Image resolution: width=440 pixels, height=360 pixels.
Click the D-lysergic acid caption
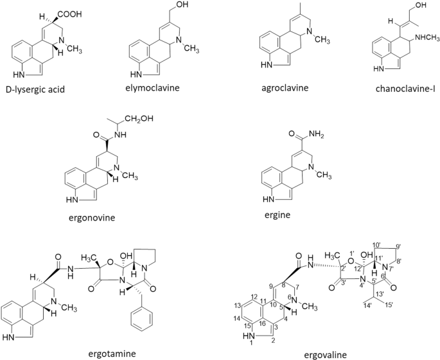tap(35, 89)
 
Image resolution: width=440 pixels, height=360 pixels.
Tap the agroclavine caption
tap(285, 88)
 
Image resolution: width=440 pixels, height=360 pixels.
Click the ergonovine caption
tap(92, 218)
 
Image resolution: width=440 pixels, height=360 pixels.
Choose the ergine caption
tap(277, 215)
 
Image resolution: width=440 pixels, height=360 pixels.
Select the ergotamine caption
tap(112, 354)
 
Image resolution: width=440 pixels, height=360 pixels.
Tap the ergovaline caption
tap(326, 355)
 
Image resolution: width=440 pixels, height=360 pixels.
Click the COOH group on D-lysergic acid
tap(71, 14)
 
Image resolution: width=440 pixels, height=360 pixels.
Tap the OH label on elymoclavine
tap(182, 4)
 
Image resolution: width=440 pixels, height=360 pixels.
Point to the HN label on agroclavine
tap(267, 65)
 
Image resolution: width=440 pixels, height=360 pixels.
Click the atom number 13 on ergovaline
tap(237, 305)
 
